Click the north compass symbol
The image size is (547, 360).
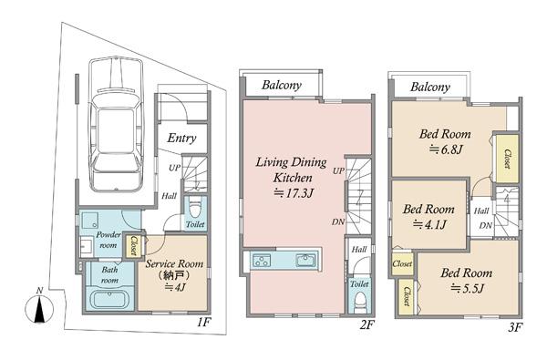[39, 307]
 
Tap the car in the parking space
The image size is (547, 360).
[116, 124]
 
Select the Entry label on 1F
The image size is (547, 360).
[181, 139]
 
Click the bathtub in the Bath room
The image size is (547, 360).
[109, 300]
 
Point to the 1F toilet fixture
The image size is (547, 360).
[195, 209]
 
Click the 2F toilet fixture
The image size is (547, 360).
[360, 303]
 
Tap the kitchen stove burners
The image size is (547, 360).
[262, 261]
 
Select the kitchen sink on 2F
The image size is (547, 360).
[306, 260]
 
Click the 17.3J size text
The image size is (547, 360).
[294, 192]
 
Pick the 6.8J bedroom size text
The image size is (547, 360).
[446, 149]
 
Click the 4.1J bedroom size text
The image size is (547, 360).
[429, 224]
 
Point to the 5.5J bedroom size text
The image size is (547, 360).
[467, 288]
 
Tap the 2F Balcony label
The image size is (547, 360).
[282, 85]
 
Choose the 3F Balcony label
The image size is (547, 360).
[430, 87]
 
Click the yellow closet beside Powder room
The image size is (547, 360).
[133, 245]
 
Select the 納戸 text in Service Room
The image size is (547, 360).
[174, 275]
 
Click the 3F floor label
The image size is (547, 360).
[514, 327]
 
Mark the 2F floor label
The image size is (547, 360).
[367, 325]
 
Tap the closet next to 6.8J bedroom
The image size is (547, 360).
[507, 159]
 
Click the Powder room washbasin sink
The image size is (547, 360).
[87, 246]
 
